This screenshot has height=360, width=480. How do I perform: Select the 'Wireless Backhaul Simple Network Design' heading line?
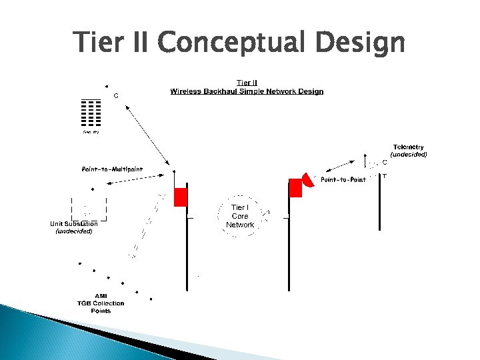click(x=247, y=91)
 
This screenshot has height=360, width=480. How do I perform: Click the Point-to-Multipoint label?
click(x=112, y=169)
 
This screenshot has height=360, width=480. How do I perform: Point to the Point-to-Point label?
click(x=343, y=180)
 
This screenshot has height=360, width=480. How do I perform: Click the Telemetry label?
click(x=408, y=147)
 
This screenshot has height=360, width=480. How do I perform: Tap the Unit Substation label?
click(x=74, y=224)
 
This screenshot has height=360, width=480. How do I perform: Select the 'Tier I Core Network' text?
click(x=239, y=216)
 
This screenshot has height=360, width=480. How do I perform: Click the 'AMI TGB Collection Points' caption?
click(x=100, y=303)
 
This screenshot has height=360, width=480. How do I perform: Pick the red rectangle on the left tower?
click(x=181, y=197)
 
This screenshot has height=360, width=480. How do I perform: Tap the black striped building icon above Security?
click(x=91, y=113)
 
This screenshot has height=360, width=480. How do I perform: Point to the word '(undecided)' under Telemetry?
click(x=408, y=154)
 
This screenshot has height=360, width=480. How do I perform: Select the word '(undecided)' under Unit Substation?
click(x=74, y=231)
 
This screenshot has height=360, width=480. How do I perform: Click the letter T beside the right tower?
click(x=384, y=175)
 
